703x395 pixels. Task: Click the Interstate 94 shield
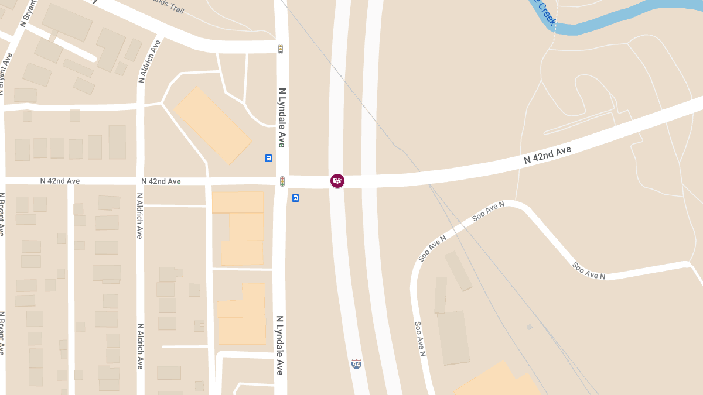point(356,364)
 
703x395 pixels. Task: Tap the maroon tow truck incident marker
point(337,181)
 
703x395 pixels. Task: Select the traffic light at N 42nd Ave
point(282,181)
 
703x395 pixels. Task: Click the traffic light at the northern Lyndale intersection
point(281,49)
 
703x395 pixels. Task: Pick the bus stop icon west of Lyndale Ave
point(268,158)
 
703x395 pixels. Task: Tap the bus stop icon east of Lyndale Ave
point(295,198)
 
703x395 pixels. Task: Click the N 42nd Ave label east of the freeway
point(547,154)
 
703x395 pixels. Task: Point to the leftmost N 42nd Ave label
point(60,181)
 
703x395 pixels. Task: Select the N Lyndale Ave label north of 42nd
point(282,117)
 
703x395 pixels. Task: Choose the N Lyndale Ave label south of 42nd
point(279,345)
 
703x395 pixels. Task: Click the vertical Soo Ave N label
point(419,339)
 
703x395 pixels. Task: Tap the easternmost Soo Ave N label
point(588,271)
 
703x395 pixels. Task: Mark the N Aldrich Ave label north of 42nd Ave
point(149,61)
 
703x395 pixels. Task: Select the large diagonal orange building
point(212,125)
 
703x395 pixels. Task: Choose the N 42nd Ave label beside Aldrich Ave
point(161,181)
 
